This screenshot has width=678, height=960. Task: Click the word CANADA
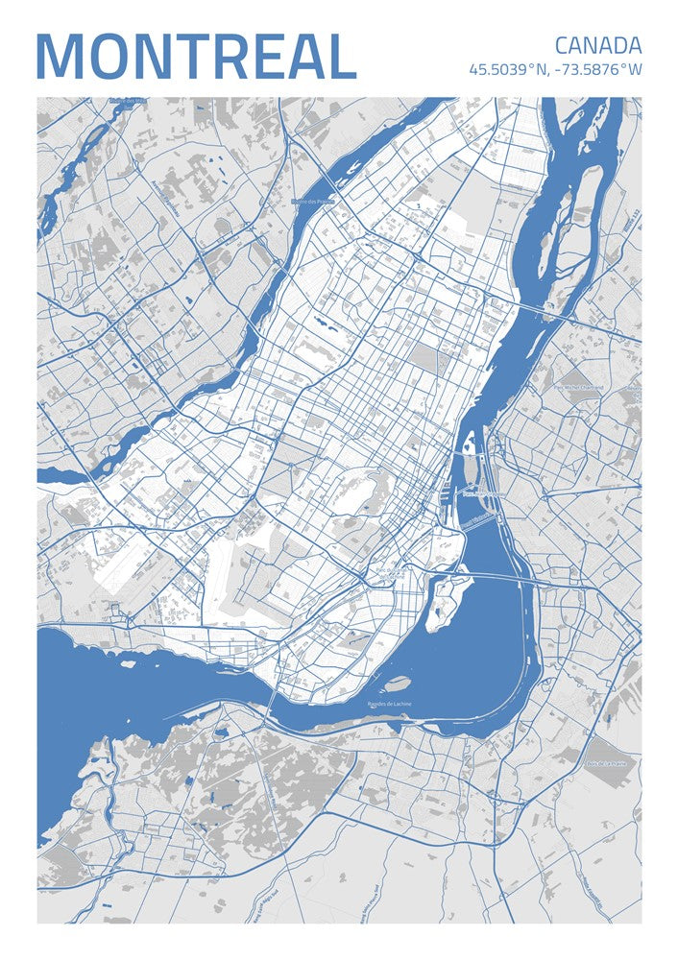[597, 45]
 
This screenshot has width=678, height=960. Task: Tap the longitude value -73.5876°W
[597, 70]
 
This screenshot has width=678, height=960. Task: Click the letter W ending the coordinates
[635, 70]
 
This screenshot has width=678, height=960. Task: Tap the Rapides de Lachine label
[389, 705]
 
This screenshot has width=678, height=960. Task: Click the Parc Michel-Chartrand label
[579, 387]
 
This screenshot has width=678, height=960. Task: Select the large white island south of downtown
[443, 599]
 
